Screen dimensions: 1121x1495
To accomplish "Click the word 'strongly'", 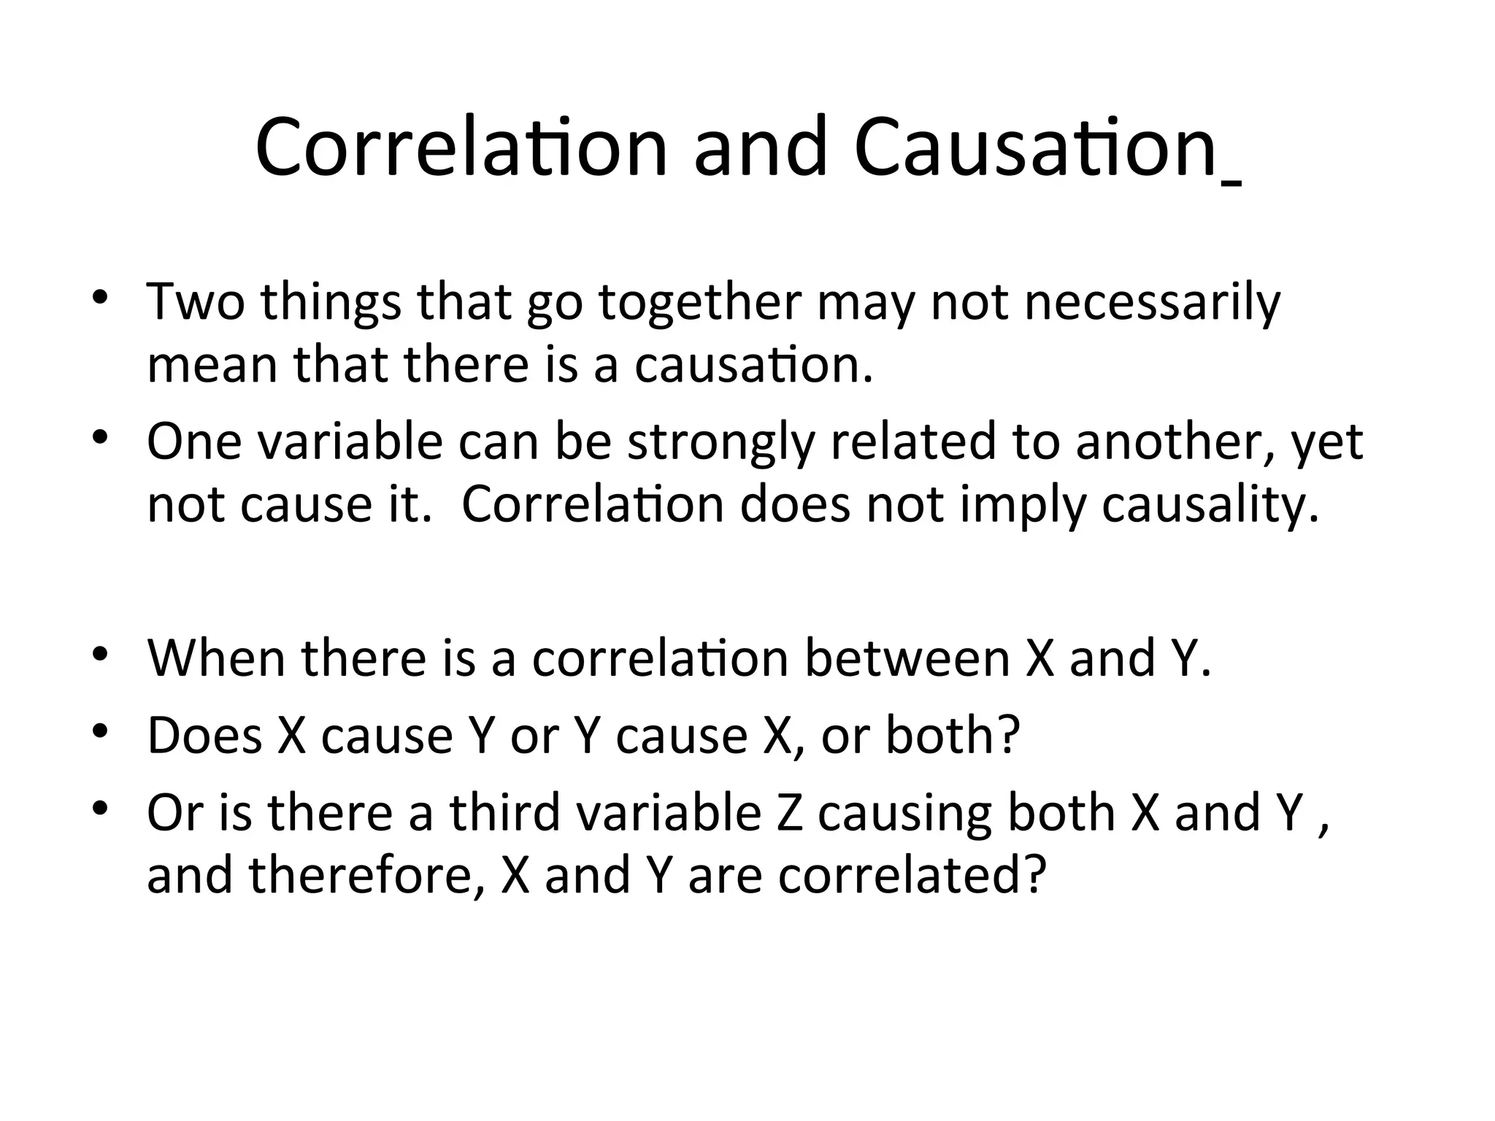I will coord(720,442).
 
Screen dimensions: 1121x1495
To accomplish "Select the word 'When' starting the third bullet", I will coord(217,658).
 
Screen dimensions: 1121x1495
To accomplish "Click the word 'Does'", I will coord(204,735).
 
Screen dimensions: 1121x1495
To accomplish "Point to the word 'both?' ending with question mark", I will coord(952,735).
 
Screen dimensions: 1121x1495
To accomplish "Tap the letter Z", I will coord(789,812).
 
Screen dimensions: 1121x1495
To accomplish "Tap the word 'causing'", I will coord(904,812).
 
